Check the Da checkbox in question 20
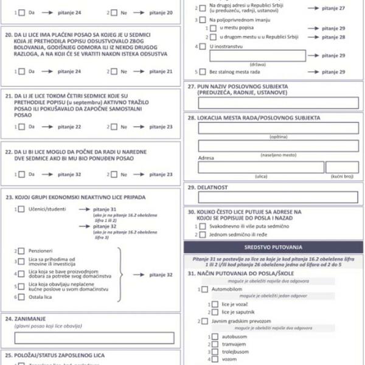(21, 71)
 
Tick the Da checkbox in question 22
(21, 175)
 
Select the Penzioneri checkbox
(21, 251)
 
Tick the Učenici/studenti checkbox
(21, 209)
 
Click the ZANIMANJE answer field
(94, 338)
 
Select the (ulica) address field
(260, 167)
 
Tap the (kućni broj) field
(342, 167)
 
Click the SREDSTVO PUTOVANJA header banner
(273, 248)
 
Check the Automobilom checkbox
(204, 290)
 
